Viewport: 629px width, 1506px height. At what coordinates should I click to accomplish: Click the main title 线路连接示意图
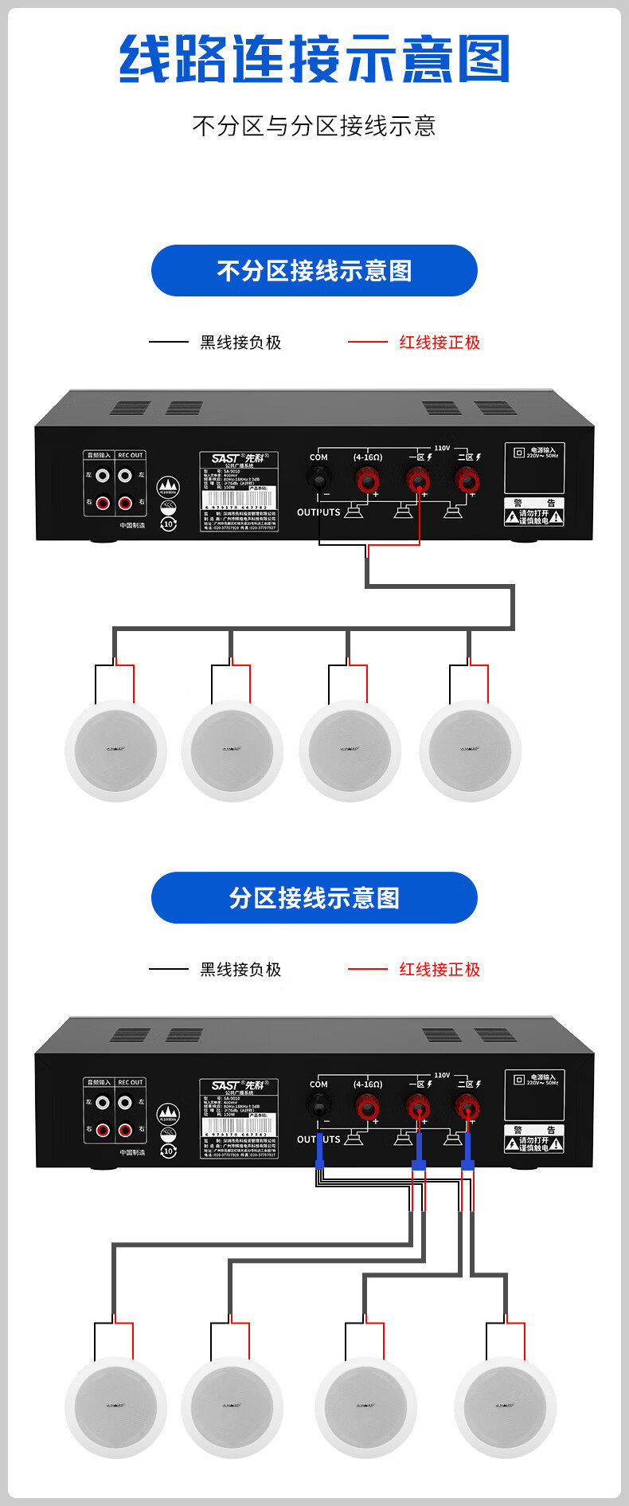[314, 60]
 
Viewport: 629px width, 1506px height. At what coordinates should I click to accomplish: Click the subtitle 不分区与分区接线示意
[314, 126]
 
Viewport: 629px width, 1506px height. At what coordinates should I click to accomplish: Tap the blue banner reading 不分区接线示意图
[314, 271]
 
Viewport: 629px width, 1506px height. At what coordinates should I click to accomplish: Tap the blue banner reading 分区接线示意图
[314, 898]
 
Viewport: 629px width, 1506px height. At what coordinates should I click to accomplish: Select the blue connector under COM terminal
[319, 1151]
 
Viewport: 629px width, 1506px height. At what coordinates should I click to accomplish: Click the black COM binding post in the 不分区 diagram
[318, 479]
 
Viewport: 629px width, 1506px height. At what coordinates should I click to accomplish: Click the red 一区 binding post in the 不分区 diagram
[419, 480]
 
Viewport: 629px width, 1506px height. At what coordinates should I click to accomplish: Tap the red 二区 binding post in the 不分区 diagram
[467, 480]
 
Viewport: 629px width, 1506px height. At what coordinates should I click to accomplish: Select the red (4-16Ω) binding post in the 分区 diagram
[367, 1107]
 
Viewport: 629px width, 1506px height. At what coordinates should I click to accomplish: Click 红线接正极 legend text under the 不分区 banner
[440, 343]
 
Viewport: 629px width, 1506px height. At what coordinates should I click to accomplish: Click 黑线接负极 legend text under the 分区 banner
[240, 970]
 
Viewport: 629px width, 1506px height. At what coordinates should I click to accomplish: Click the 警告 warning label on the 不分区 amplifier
[534, 512]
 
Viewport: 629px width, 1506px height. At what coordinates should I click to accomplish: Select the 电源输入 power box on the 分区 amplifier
[534, 1094]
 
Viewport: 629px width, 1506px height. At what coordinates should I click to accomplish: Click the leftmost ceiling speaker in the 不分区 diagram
[116, 751]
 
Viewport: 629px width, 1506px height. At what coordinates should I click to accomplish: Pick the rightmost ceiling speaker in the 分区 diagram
[506, 1407]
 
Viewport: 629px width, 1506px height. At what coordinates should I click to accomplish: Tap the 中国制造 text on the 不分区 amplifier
[132, 526]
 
